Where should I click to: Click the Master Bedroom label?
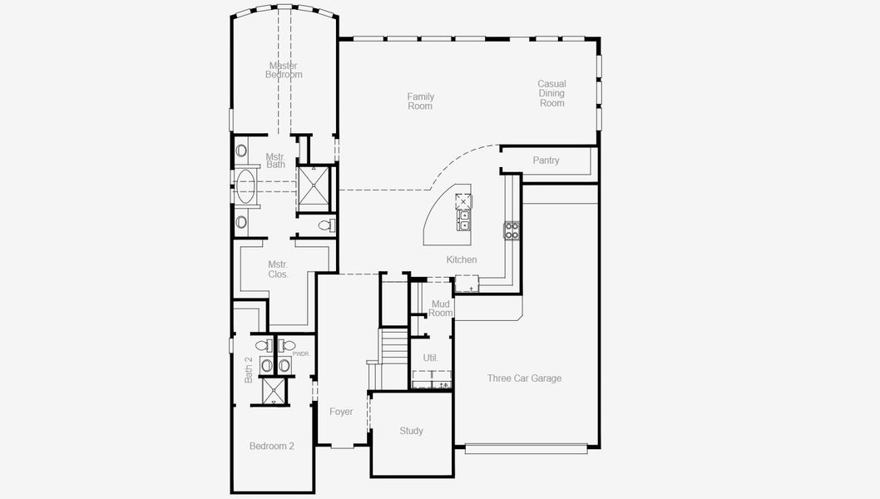pyautogui.click(x=284, y=70)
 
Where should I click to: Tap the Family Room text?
pyautogui.click(x=420, y=101)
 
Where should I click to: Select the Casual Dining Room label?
pyautogui.click(x=551, y=93)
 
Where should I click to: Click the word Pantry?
pyautogui.click(x=546, y=161)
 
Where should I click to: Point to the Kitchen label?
pyautogui.click(x=462, y=259)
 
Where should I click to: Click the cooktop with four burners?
pyautogui.click(x=512, y=230)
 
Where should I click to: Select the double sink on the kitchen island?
pyautogui.click(x=463, y=220)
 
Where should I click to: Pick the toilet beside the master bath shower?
pyautogui.click(x=326, y=225)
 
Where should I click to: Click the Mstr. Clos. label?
pyautogui.click(x=278, y=269)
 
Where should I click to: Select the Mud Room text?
pyautogui.click(x=441, y=309)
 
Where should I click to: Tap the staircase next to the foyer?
pyautogui.click(x=394, y=347)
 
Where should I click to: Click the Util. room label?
pyautogui.click(x=430, y=358)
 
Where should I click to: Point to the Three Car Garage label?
pyautogui.click(x=524, y=378)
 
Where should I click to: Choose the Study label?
pyautogui.click(x=411, y=431)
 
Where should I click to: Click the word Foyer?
pyautogui.click(x=341, y=412)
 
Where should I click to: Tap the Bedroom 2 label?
pyautogui.click(x=272, y=446)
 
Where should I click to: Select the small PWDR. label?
pyautogui.click(x=301, y=353)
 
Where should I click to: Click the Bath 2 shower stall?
pyautogui.click(x=273, y=391)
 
